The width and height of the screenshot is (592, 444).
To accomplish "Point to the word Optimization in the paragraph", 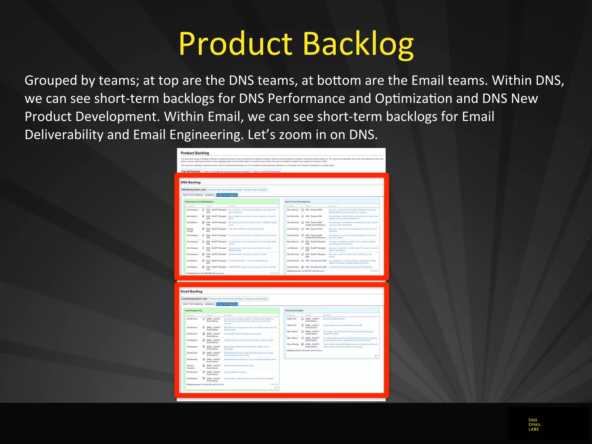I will pos(413,98).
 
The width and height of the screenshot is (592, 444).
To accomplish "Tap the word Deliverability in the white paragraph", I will pos(64,135).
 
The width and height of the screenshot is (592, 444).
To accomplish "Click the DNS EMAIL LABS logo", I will pos(534,424).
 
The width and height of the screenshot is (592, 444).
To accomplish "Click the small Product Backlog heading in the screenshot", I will pos(195,153).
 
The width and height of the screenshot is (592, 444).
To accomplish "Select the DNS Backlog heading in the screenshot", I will pos(190,182).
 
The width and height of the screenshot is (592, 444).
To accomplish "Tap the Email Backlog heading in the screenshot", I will pos(191,291).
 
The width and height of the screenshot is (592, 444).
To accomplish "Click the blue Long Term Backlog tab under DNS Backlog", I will pos(227,195).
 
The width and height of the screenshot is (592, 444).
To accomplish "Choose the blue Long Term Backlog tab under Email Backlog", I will pos(227,304).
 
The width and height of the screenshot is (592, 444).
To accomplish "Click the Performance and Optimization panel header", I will pos(199,201).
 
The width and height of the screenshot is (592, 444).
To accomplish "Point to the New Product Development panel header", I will pos(297,201).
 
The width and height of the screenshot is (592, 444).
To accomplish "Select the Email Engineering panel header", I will pos(193,310).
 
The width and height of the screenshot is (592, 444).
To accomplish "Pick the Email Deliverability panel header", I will pos(294,310).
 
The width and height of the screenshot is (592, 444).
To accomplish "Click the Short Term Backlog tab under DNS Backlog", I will pos(198,195).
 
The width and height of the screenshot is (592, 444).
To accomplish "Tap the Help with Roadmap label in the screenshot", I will pos(191,171).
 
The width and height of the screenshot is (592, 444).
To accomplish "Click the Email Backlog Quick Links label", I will pos(194,299).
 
